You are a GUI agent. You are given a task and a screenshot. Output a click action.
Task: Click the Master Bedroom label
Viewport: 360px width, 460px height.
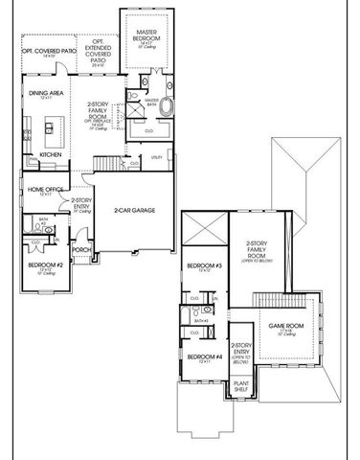[x=146, y=37]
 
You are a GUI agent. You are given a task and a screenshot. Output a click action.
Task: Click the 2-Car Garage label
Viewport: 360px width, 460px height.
[x=135, y=210]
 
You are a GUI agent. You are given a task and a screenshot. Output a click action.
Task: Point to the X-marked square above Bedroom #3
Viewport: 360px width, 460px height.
[x=205, y=230]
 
